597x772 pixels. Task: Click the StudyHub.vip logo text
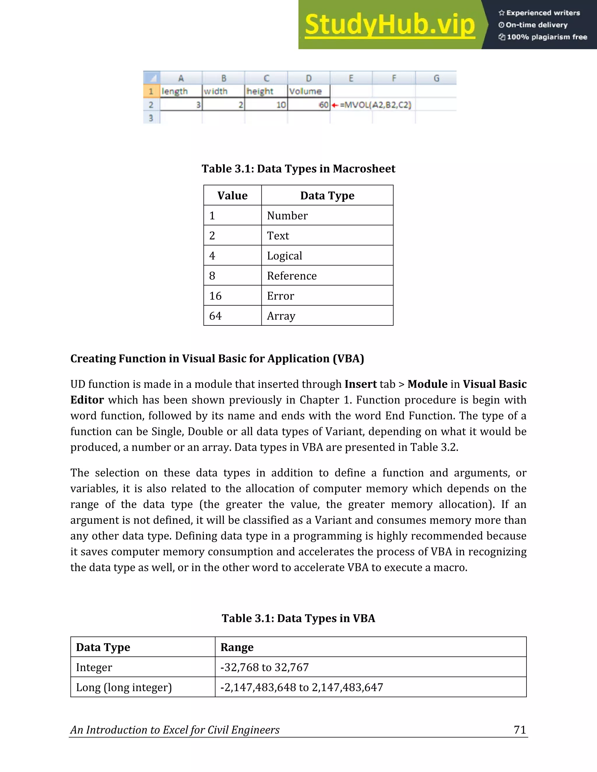pos(390,25)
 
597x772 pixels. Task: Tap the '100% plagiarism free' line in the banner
pos(543,37)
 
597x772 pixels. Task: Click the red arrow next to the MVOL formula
pos(335,105)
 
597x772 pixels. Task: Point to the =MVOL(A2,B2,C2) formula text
pos(375,105)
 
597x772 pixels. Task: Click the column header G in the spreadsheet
pos(436,78)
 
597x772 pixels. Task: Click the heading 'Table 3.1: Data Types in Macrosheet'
pos(298,169)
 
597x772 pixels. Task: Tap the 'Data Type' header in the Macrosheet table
pos(327,195)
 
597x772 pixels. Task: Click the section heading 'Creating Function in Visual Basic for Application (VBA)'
pos(217,358)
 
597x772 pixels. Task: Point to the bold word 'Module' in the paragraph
pos(427,384)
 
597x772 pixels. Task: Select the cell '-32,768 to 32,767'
pos(265,667)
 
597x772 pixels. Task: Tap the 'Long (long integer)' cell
pos(124,688)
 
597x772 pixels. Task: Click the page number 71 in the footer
pos(519,729)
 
